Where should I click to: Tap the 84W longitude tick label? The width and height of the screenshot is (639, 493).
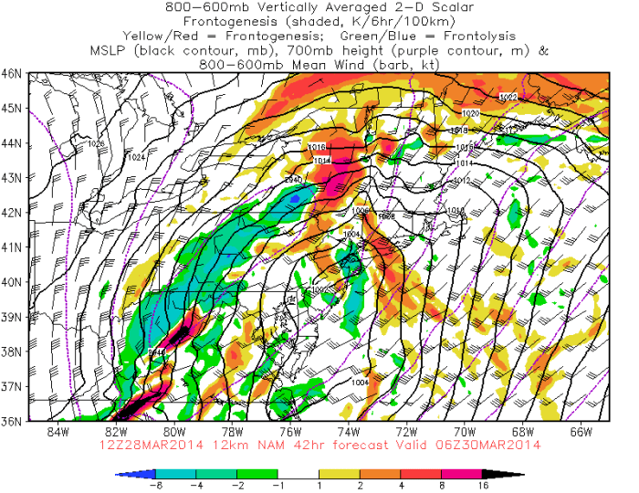pyautogui.click(x=59, y=431)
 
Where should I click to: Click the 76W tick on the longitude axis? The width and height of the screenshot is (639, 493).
pyautogui.click(x=291, y=431)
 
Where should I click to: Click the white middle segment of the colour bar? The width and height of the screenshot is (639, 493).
pyautogui.click(x=319, y=475)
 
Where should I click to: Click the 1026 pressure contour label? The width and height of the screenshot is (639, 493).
pyautogui.click(x=95, y=144)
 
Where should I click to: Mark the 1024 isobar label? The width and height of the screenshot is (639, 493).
pyautogui.click(x=136, y=158)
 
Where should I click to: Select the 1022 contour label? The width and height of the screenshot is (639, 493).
pyautogui.click(x=508, y=97)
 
